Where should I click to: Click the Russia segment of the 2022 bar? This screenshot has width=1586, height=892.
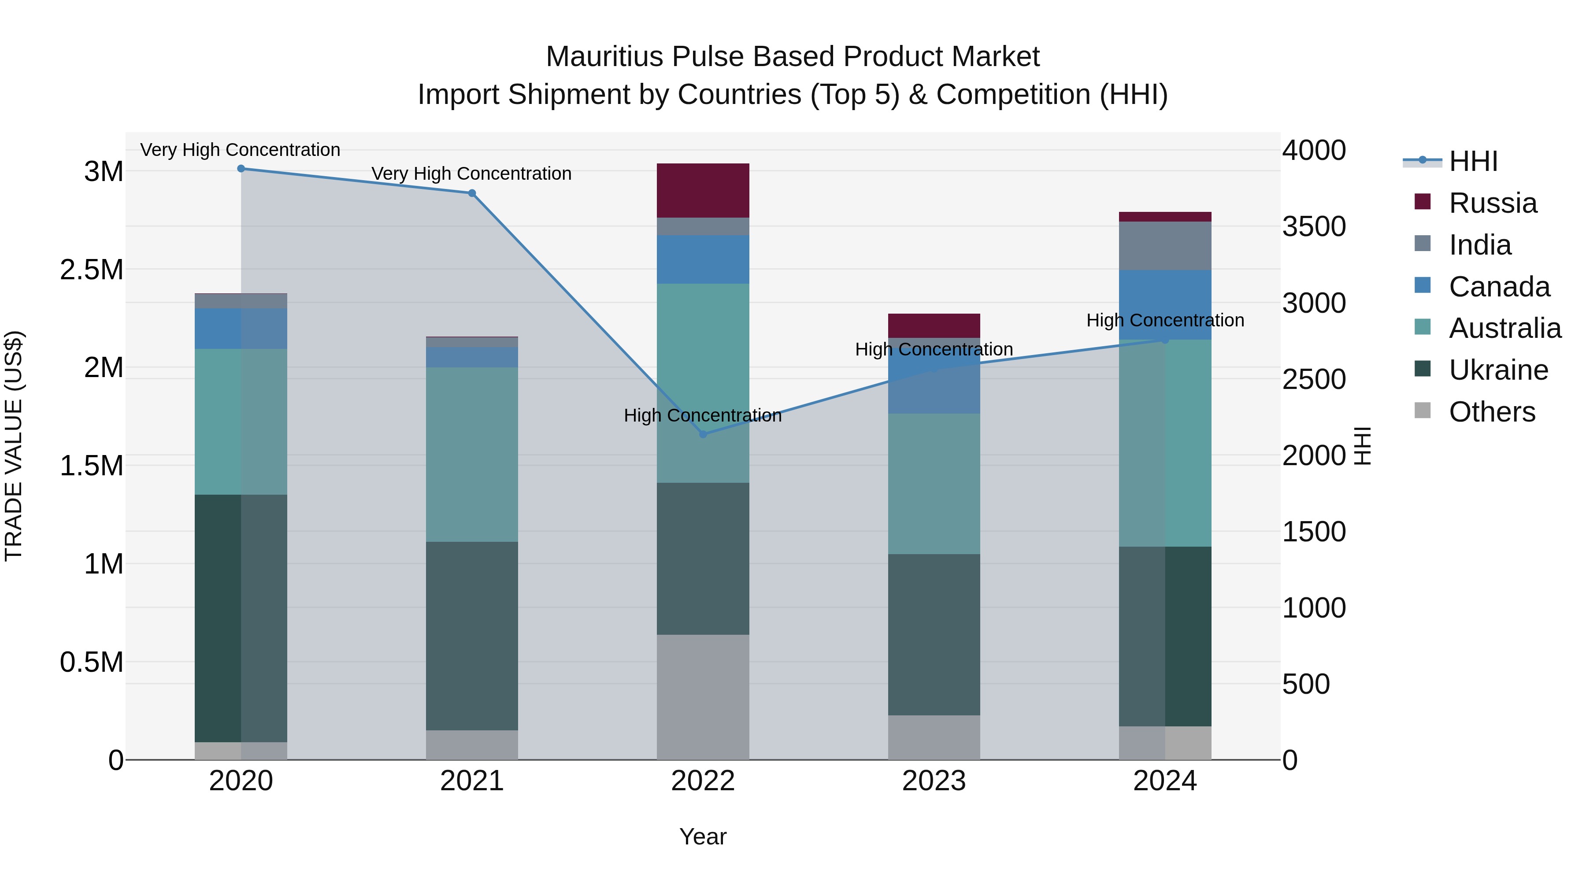coord(703,190)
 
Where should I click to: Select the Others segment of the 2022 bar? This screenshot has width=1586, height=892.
coord(703,697)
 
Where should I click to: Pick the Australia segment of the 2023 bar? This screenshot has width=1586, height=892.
coord(934,484)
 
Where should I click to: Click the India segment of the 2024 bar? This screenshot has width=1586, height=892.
coord(1165,246)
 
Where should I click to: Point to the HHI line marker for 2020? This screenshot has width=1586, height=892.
coord(241,169)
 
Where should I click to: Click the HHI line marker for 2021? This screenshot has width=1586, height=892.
coord(472,193)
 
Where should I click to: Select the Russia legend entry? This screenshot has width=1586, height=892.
coord(1493,203)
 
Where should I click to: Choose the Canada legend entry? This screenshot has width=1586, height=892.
coord(1499,287)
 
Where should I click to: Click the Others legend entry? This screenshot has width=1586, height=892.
coord(1491,412)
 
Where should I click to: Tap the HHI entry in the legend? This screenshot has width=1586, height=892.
coord(1473,161)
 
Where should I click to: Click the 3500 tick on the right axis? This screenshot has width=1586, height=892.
coord(1314,226)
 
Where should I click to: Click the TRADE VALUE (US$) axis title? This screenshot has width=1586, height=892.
coord(14,446)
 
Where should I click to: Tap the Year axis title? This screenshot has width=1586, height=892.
coord(703,836)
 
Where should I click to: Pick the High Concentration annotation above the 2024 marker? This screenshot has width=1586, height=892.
coord(1165,320)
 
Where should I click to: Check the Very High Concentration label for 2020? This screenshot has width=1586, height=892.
coord(240,150)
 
